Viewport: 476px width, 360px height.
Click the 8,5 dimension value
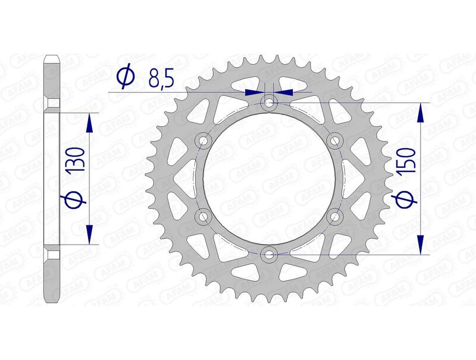(156, 78)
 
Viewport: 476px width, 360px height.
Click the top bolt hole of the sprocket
(270, 104)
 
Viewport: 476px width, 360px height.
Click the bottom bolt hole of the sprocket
(270, 255)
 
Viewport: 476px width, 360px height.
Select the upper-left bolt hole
(203, 141)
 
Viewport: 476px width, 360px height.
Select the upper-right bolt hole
(336, 141)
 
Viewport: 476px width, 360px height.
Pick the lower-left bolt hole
(203, 217)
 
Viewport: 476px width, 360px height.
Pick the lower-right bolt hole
(336, 217)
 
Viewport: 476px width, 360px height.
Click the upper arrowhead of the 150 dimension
(421, 113)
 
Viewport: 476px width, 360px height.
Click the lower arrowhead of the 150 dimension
(421, 245)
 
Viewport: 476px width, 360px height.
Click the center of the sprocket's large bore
(270, 179)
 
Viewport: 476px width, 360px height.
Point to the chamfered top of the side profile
(52, 60)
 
